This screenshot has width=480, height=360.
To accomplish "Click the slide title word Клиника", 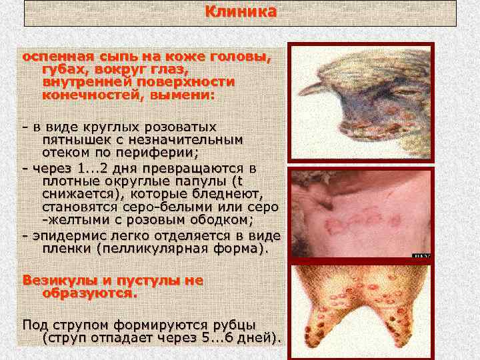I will (240, 12).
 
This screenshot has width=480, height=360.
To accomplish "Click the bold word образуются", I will (89, 293).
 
